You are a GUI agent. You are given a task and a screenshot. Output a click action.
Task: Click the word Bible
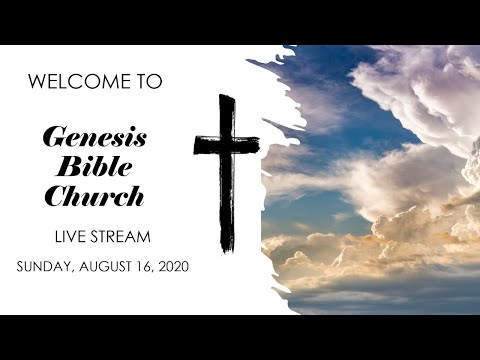pyautogui.click(x=96, y=167)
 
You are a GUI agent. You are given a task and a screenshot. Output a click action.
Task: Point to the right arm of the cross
pyautogui.click(x=250, y=144)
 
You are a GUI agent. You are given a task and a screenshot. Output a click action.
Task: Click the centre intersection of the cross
pyautogui.click(x=227, y=145)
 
